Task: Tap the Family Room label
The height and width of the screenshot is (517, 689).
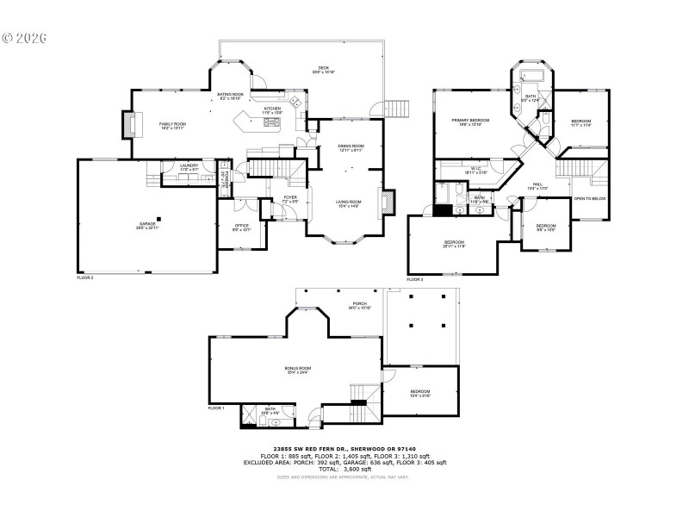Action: (172, 126)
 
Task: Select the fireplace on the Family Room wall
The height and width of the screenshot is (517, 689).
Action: (131, 125)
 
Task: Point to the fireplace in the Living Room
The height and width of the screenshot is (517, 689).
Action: (387, 201)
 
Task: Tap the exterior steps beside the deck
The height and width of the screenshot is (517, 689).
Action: (397, 109)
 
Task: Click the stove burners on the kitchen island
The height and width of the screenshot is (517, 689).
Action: (271, 122)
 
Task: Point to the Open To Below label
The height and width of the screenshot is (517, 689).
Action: (590, 198)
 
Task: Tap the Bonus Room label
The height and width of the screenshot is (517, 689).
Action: (298, 370)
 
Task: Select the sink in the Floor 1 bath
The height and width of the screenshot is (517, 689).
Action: (276, 422)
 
